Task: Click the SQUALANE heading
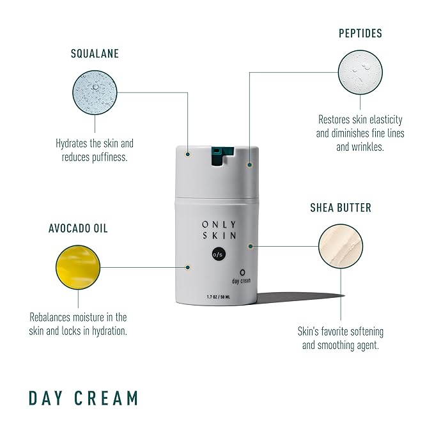[95, 54]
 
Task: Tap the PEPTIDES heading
[360, 33]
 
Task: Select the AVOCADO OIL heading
[77, 228]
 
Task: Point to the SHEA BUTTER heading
[341, 208]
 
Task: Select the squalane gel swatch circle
[95, 93]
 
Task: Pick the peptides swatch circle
[360, 72]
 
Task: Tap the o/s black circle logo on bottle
[218, 256]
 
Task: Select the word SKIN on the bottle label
[218, 236]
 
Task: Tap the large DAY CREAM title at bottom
[83, 398]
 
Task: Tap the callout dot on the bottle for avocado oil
[188, 267]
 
